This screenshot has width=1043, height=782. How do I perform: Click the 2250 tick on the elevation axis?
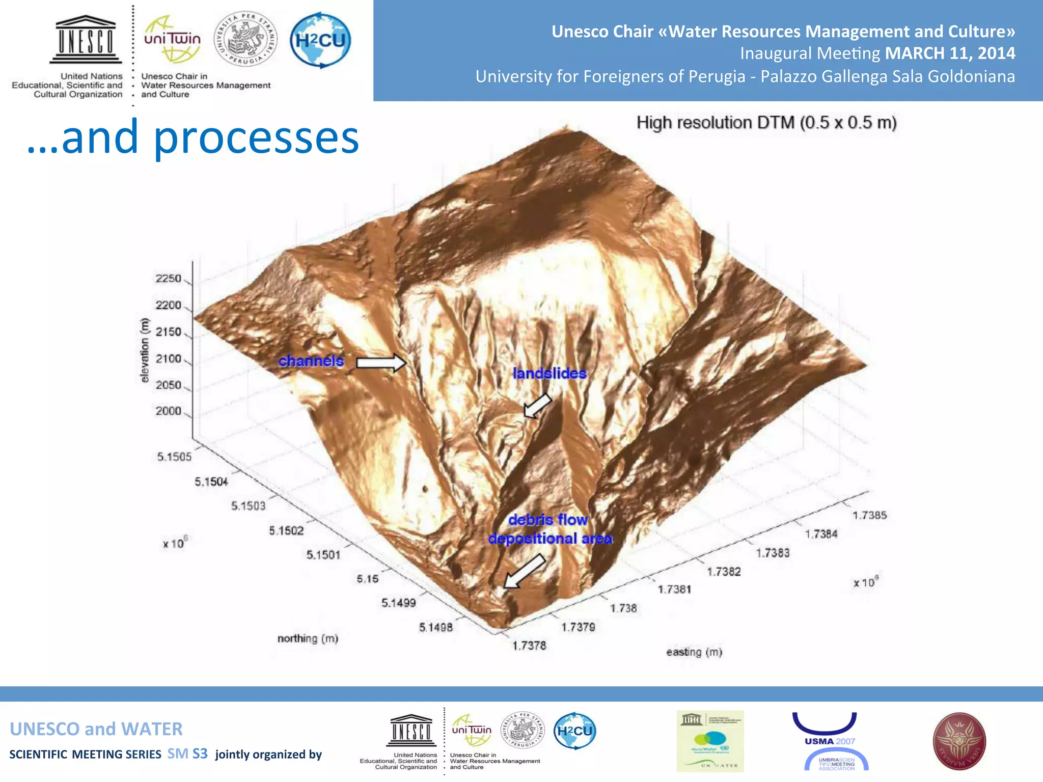pos(169,278)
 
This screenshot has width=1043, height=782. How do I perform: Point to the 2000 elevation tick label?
pos(169,411)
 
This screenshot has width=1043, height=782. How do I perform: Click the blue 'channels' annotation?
pos(311,361)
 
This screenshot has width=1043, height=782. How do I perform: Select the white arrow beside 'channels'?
pos(381,362)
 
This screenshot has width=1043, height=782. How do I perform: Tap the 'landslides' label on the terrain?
pos(550,373)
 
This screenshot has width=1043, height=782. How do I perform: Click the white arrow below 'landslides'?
pos(537,406)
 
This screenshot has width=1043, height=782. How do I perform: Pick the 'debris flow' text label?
pos(548,520)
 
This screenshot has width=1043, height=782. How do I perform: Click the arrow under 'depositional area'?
pos(524,571)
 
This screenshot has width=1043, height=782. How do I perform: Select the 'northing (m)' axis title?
pos(308,638)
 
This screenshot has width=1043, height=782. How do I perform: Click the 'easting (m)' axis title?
pos(694,652)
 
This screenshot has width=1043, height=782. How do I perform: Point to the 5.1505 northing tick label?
pos(174,457)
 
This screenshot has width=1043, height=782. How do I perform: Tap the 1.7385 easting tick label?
pos(870,515)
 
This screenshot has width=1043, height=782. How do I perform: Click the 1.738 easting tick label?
pos(623,608)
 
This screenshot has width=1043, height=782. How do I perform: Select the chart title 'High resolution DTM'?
pos(766,123)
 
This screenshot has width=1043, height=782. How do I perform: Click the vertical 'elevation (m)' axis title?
pos(145,350)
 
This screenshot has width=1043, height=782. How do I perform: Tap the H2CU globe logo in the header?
pos(320,40)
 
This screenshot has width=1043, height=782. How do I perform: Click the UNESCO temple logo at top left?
pos(86,40)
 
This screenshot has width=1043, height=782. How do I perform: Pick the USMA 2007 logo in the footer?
pos(830,741)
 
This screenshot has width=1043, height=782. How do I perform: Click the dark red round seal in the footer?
pos(959,741)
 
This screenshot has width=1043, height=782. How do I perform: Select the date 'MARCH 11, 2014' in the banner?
pos(950,53)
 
